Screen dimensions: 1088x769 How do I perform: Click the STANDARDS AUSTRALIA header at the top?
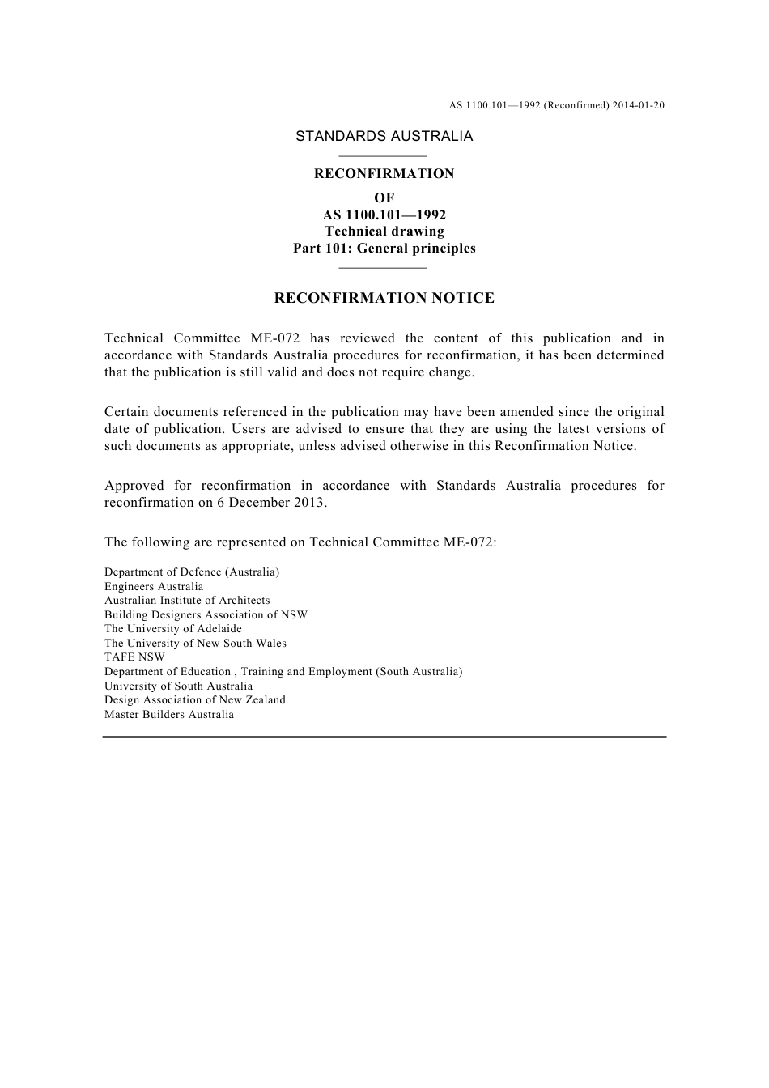coord(384,136)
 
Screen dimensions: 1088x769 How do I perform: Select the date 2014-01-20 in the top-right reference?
coord(639,105)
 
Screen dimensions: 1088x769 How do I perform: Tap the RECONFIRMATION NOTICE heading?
coord(384,298)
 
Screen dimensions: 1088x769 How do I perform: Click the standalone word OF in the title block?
coord(384,198)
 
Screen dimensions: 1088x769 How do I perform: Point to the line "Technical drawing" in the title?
coord(384,232)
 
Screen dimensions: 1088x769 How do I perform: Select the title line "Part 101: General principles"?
coord(384,249)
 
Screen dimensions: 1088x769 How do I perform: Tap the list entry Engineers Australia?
coord(154,587)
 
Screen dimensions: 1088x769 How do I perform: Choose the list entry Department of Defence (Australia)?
coord(192,572)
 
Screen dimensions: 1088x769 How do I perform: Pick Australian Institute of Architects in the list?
coord(187,601)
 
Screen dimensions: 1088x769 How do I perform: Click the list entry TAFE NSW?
coord(134,657)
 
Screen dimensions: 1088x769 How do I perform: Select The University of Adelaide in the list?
coord(173,629)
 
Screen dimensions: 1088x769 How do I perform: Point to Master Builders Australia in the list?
coord(169,715)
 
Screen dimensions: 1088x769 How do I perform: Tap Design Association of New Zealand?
coord(195,700)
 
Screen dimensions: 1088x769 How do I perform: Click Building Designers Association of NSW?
coord(206,615)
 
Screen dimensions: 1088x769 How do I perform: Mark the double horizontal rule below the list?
coord(384,737)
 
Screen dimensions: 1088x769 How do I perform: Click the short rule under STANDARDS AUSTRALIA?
coord(382,156)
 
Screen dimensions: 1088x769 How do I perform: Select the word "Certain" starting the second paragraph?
coord(127,412)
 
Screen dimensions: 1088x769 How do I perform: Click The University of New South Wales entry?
coord(195,644)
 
